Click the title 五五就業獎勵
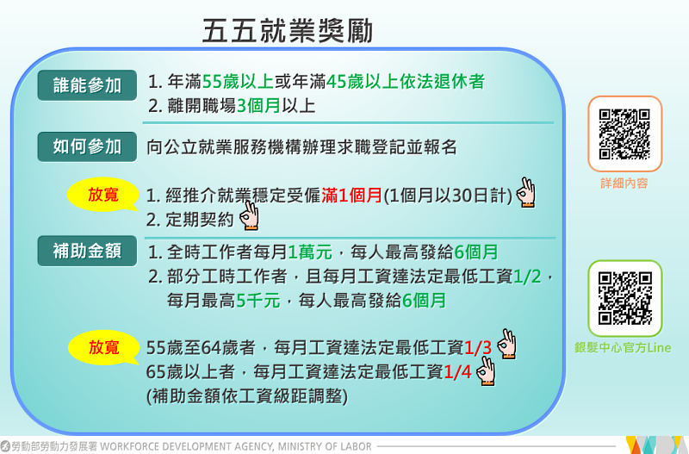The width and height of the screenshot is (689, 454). [x=289, y=31]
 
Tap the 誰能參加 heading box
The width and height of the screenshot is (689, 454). [x=87, y=85]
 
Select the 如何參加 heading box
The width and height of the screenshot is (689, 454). [x=87, y=146]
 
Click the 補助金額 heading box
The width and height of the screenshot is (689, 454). [x=87, y=252]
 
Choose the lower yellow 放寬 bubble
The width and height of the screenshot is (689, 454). [x=102, y=347]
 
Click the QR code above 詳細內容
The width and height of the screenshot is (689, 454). [x=624, y=134]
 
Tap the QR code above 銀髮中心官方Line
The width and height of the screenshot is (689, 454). [x=624, y=298]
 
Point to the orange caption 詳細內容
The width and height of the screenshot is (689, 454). [x=624, y=183]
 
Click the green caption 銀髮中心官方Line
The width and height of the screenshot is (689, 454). [x=624, y=347]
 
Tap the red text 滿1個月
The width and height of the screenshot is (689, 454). [x=351, y=195]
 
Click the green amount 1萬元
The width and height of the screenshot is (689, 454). [x=309, y=253]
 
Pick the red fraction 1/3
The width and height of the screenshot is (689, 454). [x=478, y=348]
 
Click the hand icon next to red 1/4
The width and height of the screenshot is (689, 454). [x=487, y=371]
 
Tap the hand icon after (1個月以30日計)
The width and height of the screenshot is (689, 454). [x=526, y=193]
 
